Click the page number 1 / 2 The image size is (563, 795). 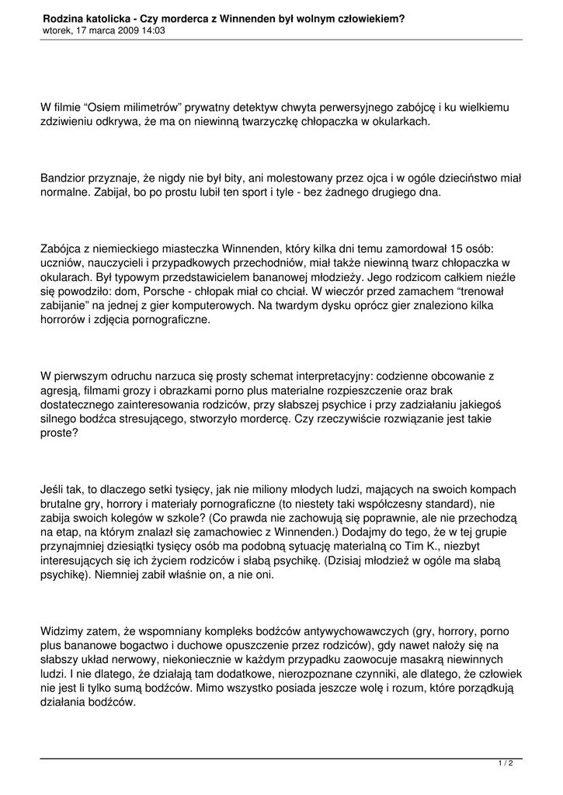(505, 764)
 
